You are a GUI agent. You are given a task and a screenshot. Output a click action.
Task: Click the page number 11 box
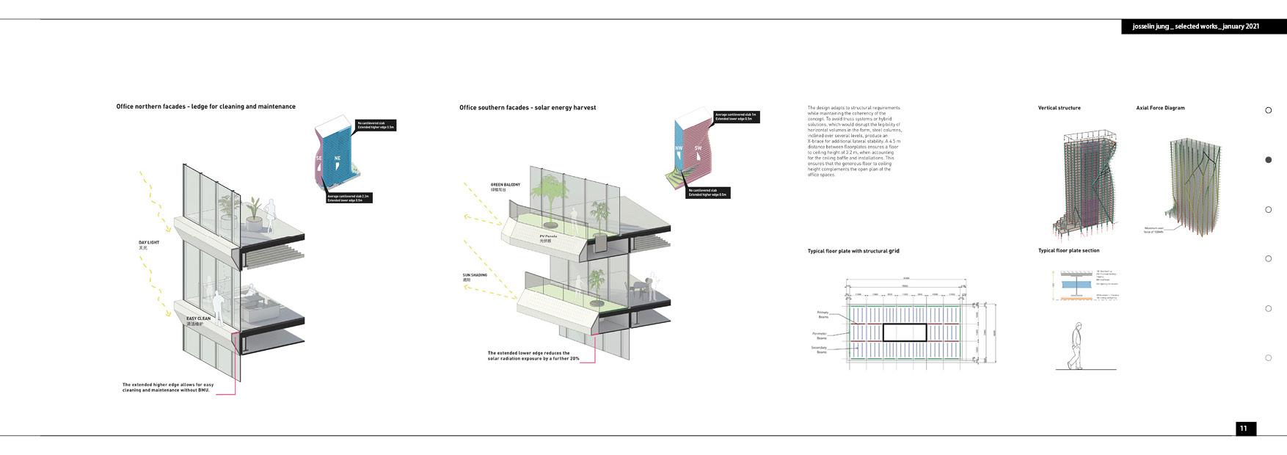1244,429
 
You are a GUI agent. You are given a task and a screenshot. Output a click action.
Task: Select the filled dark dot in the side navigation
1269,160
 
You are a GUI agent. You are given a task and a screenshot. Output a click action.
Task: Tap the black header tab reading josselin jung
1196,26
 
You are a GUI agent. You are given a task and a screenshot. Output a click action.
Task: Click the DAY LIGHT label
149,243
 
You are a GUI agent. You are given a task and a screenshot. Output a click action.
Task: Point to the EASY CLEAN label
198,319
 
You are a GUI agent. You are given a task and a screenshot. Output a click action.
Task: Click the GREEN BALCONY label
506,185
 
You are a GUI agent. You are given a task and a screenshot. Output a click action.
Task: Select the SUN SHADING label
475,276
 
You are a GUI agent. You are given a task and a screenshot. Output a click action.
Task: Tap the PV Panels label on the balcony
548,236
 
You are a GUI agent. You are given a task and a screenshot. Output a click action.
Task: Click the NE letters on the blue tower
338,159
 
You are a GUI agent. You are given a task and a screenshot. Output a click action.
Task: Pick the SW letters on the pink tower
699,148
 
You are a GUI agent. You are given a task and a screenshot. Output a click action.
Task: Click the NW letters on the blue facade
679,148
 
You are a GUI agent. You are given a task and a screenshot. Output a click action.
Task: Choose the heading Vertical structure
1059,108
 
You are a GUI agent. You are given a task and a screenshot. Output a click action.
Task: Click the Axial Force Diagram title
1160,108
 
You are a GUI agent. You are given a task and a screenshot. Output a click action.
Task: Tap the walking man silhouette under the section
1074,346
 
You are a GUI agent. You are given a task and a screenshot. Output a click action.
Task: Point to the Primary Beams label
823,315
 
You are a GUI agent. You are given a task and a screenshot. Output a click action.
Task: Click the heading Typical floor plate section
1068,251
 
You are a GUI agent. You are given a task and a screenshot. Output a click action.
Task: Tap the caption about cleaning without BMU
168,387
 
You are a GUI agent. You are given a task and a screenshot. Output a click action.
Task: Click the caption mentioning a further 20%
533,356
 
